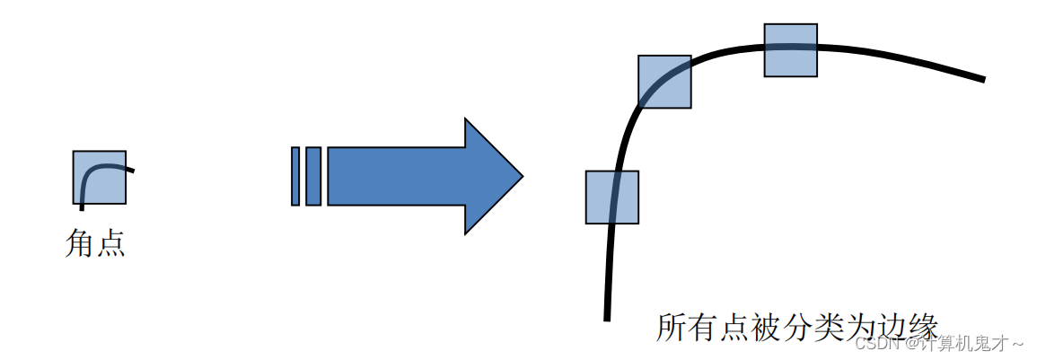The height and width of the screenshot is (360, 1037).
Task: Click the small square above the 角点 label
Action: click(99, 177)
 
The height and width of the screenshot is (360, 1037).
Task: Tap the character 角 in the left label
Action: click(81, 243)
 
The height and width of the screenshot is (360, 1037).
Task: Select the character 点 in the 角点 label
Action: click(110, 243)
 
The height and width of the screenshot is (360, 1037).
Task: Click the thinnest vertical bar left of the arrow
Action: click(295, 176)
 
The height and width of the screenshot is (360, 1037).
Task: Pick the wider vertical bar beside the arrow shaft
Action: click(313, 176)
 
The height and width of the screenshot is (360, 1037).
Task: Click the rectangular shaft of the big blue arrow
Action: click(395, 176)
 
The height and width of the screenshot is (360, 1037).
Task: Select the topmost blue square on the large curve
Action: click(790, 50)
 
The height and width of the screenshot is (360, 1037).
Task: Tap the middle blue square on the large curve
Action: click(664, 82)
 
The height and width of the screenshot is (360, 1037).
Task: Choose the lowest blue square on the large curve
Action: click(611, 197)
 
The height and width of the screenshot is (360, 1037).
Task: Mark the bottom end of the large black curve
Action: click(607, 318)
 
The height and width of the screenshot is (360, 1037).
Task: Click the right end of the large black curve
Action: click(983, 79)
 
